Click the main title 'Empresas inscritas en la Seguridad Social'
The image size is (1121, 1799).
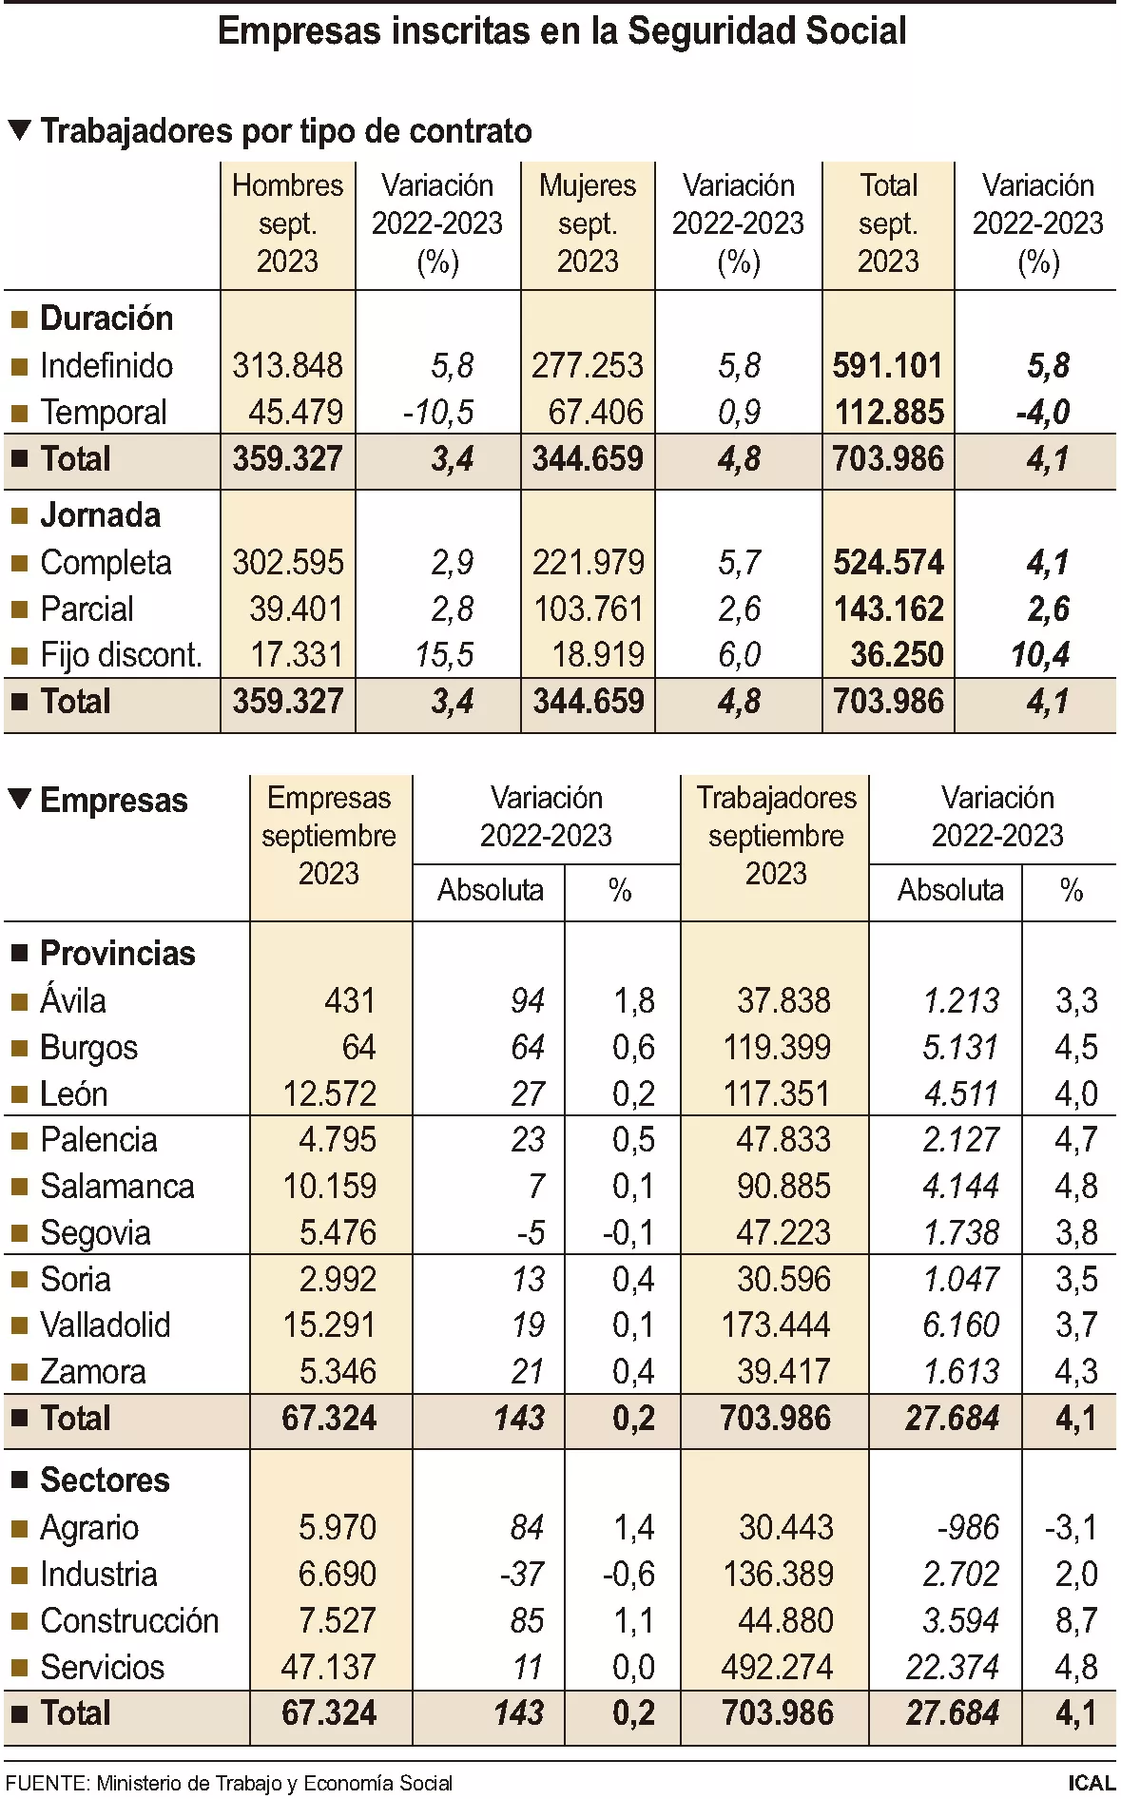pyautogui.click(x=561, y=31)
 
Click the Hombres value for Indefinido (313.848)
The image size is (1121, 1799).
pyautogui.click(x=287, y=365)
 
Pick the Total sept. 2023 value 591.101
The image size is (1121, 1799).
pyautogui.click(x=887, y=365)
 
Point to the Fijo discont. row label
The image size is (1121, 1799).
pyautogui.click(x=121, y=655)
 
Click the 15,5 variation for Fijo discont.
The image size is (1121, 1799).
pyautogui.click(x=444, y=655)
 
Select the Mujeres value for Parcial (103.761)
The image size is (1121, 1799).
pyautogui.click(x=589, y=609)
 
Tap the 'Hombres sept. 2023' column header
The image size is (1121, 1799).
pyautogui.click(x=287, y=223)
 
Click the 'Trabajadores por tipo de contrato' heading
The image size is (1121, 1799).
pyautogui.click(x=285, y=131)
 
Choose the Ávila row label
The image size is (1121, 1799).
pyautogui.click(x=72, y=1000)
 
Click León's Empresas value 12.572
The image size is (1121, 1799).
pyautogui.click(x=329, y=1093)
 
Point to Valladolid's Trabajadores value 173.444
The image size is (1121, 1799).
pyautogui.click(x=776, y=1325)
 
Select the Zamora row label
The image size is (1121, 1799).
pyautogui.click(x=92, y=1371)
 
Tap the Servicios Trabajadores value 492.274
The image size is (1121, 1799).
pyautogui.click(x=777, y=1667)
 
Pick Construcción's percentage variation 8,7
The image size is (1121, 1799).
pyautogui.click(x=1076, y=1620)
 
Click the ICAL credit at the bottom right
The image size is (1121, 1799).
pyautogui.click(x=1091, y=1783)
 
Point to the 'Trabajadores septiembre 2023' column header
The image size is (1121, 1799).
pyautogui.click(x=776, y=835)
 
